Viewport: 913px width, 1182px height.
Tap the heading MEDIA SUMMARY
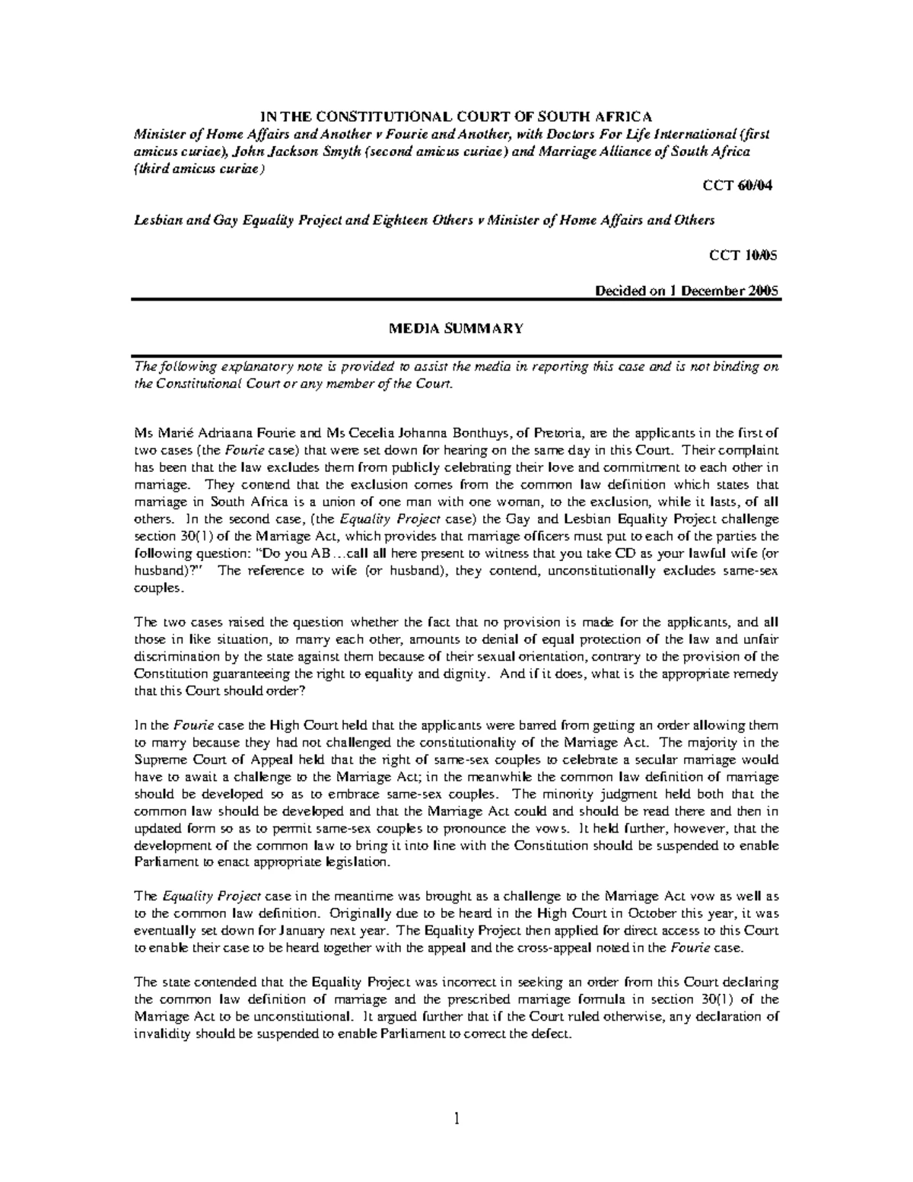click(456, 328)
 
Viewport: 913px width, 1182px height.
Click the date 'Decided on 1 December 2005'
click(686, 291)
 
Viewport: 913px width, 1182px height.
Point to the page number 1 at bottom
click(456, 1119)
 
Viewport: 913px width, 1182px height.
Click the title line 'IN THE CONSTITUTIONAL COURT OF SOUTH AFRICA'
click(456, 116)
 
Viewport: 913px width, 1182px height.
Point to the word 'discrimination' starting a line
click(173, 657)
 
